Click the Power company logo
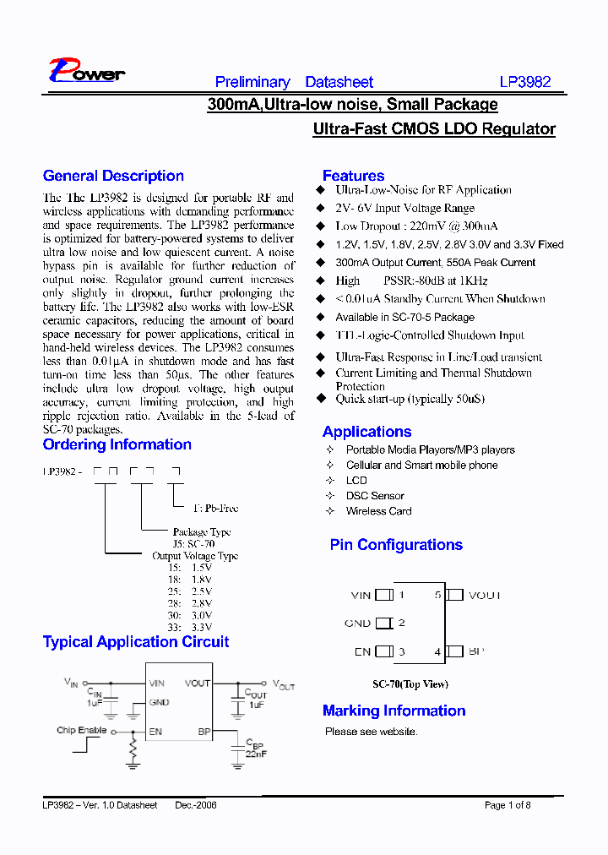(x=86, y=72)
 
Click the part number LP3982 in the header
(x=524, y=82)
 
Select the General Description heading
(x=113, y=176)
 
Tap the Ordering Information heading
(x=117, y=444)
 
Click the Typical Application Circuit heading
(x=136, y=642)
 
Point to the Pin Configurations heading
(x=396, y=545)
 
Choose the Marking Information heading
(x=394, y=711)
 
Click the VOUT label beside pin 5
(x=484, y=595)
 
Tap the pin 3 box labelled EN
(x=384, y=651)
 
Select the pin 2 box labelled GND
(x=384, y=624)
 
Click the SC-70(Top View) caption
(x=410, y=684)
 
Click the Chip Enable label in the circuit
(x=81, y=730)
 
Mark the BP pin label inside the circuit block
(x=204, y=731)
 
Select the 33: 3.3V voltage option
(x=190, y=628)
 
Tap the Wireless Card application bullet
(x=378, y=511)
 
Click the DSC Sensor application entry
(x=375, y=496)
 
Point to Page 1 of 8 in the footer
(x=508, y=805)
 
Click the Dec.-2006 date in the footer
(x=196, y=805)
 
